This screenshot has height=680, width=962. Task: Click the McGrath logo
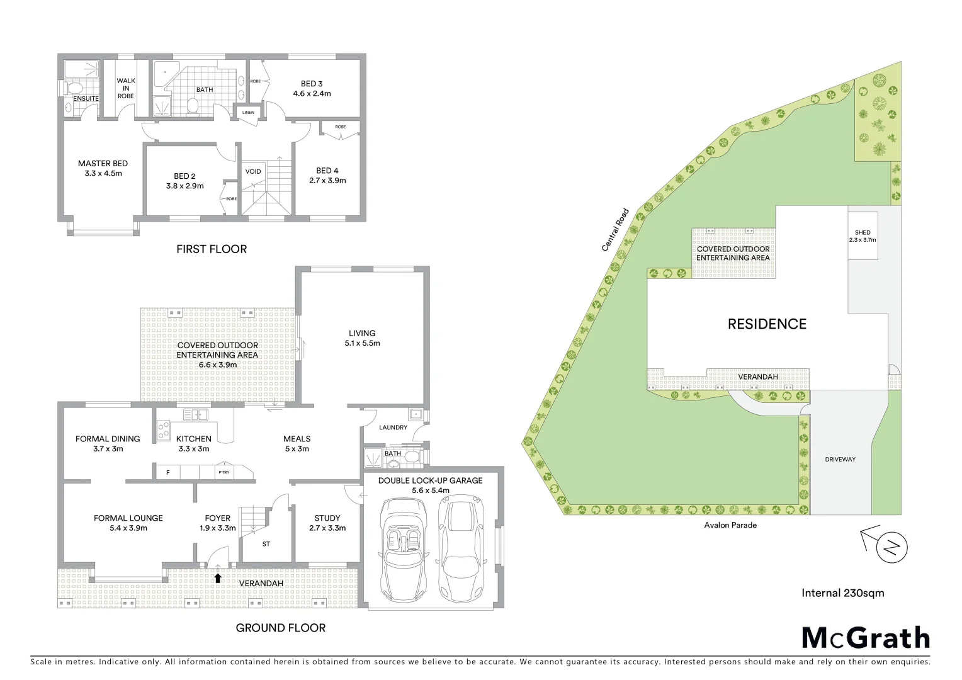click(866, 638)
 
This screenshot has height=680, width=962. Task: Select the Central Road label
click(616, 230)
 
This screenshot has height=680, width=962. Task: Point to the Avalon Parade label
click(730, 525)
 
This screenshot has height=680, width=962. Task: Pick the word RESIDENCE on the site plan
click(767, 324)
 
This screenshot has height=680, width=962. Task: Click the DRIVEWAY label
click(840, 460)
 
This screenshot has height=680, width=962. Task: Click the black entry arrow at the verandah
click(218, 578)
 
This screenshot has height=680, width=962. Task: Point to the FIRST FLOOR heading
click(212, 249)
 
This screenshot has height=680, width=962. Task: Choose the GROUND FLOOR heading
click(281, 628)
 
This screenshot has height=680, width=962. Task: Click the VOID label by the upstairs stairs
click(253, 171)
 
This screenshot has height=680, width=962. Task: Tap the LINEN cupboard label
click(248, 113)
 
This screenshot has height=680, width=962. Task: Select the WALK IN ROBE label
click(126, 88)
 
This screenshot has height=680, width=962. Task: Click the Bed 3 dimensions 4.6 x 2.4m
click(312, 94)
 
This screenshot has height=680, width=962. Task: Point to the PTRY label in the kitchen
click(224, 472)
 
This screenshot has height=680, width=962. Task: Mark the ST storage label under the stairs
click(266, 544)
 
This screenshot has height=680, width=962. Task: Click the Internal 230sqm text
click(842, 593)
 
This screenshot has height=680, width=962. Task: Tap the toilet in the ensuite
click(73, 88)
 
